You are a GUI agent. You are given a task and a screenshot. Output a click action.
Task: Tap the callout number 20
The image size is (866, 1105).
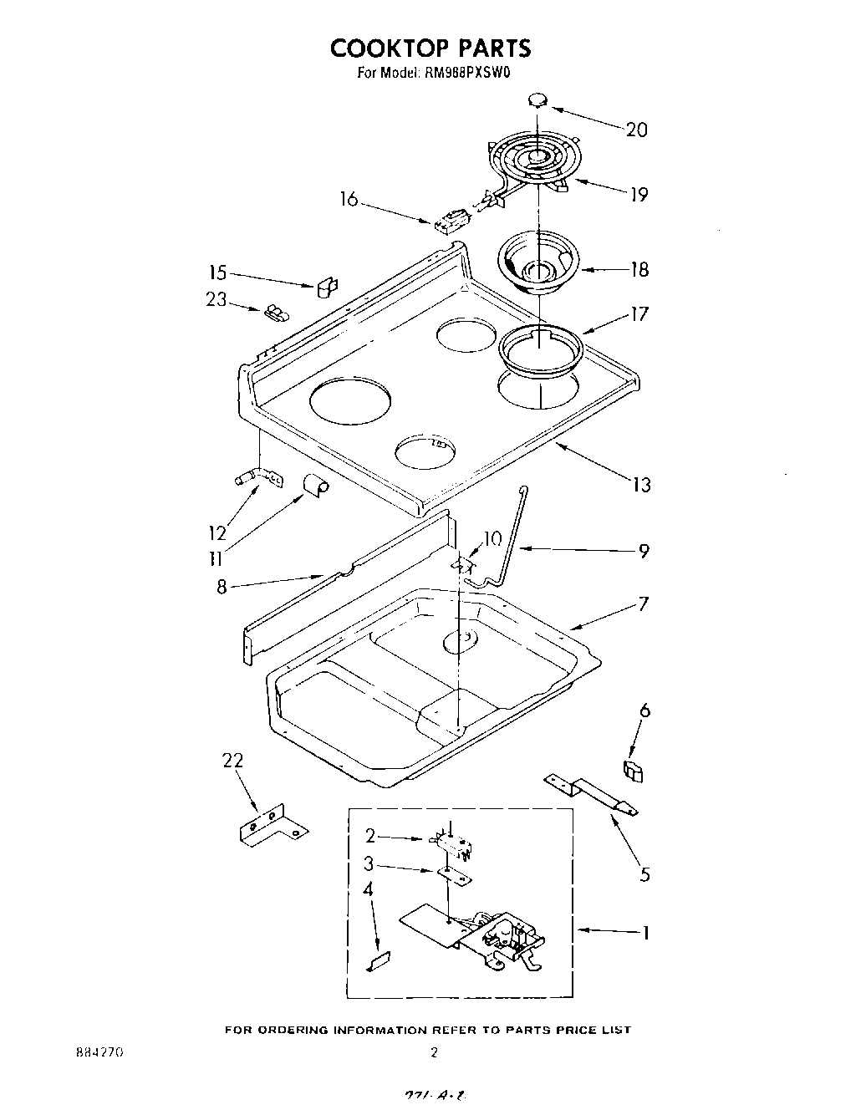coord(636,130)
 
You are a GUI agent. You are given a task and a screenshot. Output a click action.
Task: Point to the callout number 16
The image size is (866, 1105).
coord(349,199)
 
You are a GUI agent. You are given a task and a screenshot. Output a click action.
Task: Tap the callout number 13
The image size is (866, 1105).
coord(641,485)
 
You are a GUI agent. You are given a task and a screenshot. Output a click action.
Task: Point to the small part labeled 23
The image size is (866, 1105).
coord(274,313)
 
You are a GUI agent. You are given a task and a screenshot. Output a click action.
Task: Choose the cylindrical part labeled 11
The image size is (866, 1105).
coord(315,485)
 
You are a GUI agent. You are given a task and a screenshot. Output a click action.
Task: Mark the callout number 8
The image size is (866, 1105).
coord(222,587)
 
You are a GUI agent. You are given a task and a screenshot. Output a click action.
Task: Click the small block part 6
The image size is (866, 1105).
coord(634,770)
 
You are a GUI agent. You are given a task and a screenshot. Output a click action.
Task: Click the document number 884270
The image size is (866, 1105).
coord(99,1053)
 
